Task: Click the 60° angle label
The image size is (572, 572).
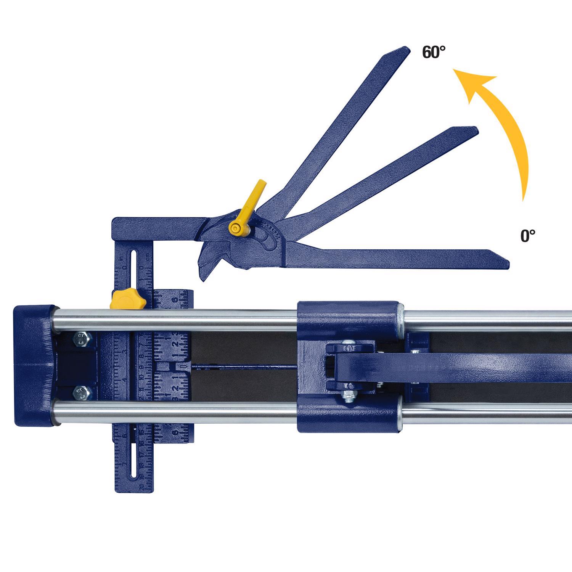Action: tap(434, 52)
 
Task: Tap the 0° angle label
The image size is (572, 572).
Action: tap(528, 236)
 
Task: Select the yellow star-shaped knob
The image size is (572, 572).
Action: tap(128, 298)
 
